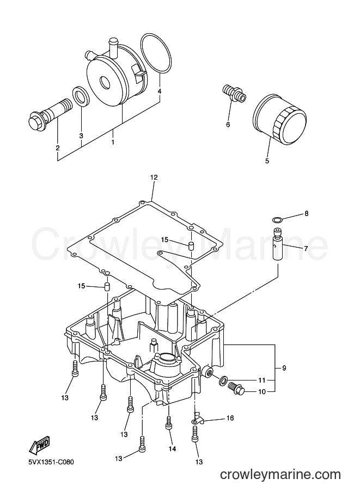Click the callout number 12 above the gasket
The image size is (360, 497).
coord(154,177)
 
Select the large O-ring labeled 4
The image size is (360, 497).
coord(156,54)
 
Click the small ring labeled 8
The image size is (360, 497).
coord(277,219)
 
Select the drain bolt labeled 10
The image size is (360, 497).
coord(236,389)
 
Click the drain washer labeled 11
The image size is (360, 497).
coord(223,379)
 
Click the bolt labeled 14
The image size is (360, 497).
coord(169,423)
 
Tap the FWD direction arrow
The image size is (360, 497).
coord(40,444)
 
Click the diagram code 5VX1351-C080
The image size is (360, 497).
coord(51,462)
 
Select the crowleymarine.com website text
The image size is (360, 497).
coord(280,475)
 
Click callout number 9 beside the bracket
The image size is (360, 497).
coord(284,368)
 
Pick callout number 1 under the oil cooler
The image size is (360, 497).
coord(112,142)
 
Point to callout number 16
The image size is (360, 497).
coord(230,418)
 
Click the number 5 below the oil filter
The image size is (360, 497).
coord(267,161)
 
